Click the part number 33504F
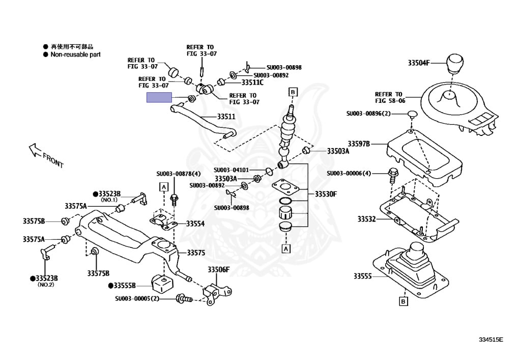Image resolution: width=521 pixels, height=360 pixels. (x=419, y=64)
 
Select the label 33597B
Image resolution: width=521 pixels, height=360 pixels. (x=359, y=144)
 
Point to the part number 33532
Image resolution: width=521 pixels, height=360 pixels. (x=366, y=219)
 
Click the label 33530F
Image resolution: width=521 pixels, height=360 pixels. (x=326, y=194)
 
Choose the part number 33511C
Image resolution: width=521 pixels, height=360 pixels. (x=252, y=82)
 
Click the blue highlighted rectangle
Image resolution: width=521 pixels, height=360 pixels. (x=159, y=98)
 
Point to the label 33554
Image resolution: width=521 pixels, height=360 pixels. (x=195, y=224)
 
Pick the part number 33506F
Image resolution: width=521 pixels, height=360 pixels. (x=218, y=269)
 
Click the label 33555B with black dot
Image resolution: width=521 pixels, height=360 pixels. (x=122, y=286)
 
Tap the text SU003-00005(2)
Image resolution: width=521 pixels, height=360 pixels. (x=137, y=299)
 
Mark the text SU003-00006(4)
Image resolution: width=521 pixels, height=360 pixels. (x=356, y=173)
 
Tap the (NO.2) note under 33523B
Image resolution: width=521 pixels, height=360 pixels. (x=45, y=285)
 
